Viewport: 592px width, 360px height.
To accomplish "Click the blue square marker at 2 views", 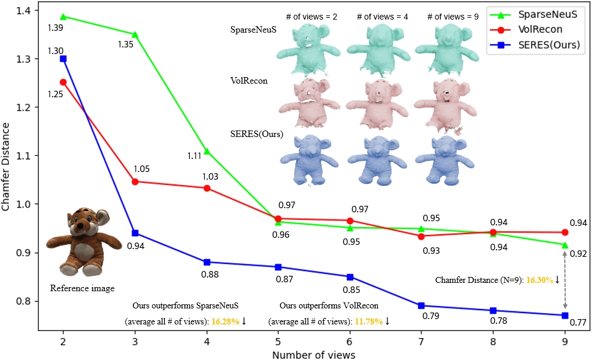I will [63, 59].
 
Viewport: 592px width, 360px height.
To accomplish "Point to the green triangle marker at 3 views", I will [135, 34].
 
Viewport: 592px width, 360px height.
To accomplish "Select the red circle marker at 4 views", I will [206, 188].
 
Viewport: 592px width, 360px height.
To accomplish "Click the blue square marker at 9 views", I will [565, 316].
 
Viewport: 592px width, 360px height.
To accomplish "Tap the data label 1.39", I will [56, 28].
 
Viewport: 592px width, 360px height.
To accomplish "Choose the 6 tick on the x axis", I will [350, 342].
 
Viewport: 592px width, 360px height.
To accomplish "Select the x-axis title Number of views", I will [314, 355].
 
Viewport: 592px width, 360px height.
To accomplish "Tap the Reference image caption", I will [82, 289].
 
